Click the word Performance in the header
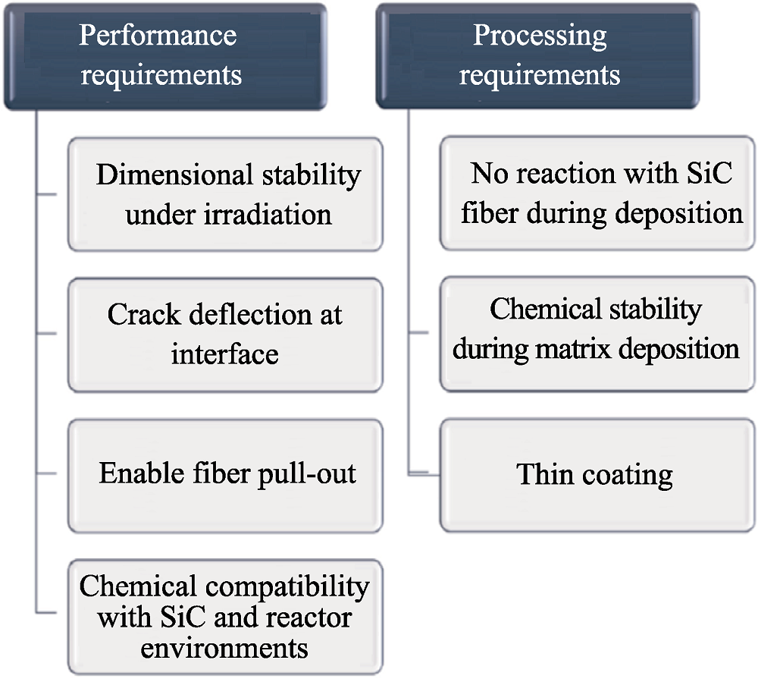[158, 36]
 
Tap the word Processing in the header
[540, 36]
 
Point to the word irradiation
[268, 214]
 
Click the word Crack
[144, 315]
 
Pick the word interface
[225, 354]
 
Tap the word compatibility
[287, 587]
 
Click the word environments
[224, 649]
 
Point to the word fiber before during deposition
[490, 212]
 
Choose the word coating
[628, 475]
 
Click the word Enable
[142, 473]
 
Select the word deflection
[250, 315]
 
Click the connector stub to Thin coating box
[424, 474]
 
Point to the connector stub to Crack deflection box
[47, 334]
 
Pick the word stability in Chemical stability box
[655, 310]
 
